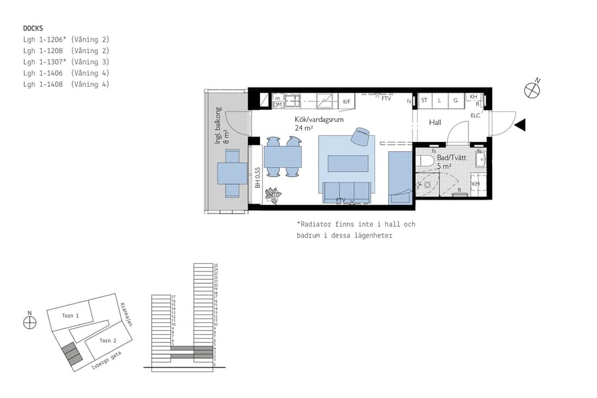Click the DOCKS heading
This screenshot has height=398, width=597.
pos(33,29)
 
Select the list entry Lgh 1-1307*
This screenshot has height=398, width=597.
pos(66,62)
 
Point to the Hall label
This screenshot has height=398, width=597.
pos(435,123)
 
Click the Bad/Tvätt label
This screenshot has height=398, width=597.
pos(450,157)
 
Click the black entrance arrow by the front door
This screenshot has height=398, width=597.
pos(520,125)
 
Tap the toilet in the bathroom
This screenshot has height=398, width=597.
pos(424,160)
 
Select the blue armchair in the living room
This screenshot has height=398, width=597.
pos(361,136)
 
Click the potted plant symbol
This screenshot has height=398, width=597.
pos(273,195)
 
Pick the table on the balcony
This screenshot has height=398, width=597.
pos(232,173)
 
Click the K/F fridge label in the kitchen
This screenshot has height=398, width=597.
pos(346,102)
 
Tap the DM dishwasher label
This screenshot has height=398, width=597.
pos(278,104)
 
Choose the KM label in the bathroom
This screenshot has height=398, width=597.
pos(476,184)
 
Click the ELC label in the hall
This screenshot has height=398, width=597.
pos(475,115)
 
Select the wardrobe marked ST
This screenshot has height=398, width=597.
pos(424,101)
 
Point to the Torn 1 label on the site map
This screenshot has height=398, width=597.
pos(70,316)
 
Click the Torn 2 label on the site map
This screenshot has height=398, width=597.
pos(108,340)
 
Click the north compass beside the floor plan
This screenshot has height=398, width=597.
pos(532,90)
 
